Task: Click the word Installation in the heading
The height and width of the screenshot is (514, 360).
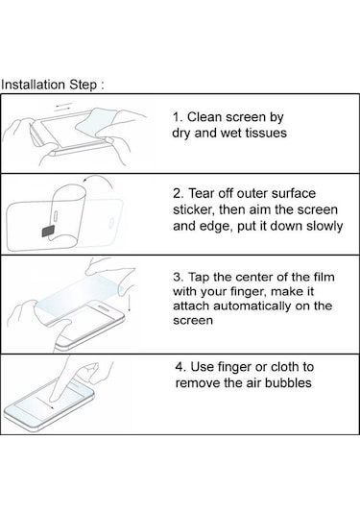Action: point(33,85)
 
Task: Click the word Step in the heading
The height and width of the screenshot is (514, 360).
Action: point(84,86)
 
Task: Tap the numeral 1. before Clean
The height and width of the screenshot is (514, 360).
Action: point(178,117)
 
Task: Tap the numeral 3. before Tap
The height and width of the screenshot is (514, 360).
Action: point(179,278)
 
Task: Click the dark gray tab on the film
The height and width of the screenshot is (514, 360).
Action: point(48,232)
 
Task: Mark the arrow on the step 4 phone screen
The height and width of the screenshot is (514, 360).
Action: point(45,403)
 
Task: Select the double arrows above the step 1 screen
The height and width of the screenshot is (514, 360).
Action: point(62,107)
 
